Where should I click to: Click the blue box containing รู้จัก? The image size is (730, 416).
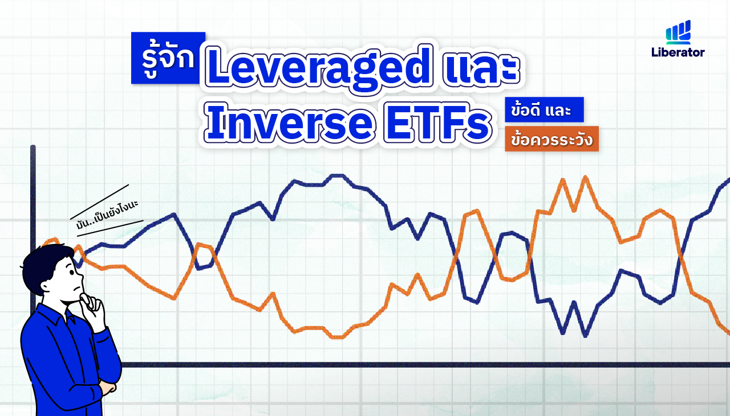pos(168,58)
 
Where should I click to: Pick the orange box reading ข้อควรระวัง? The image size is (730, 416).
pos(551,139)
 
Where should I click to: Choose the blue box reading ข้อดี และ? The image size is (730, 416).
pos(544,109)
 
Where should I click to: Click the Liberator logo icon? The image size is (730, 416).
pos(678,32)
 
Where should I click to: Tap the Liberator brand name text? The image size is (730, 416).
pos(678,52)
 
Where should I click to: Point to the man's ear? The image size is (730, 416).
pos(45,287)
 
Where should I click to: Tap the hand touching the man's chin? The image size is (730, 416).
pos(92,311)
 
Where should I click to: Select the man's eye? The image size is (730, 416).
pos(72,272)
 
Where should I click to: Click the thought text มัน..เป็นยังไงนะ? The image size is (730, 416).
pos(107,214)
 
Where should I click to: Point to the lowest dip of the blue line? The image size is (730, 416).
pos(585,336)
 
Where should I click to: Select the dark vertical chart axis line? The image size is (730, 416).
pos(33,228)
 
